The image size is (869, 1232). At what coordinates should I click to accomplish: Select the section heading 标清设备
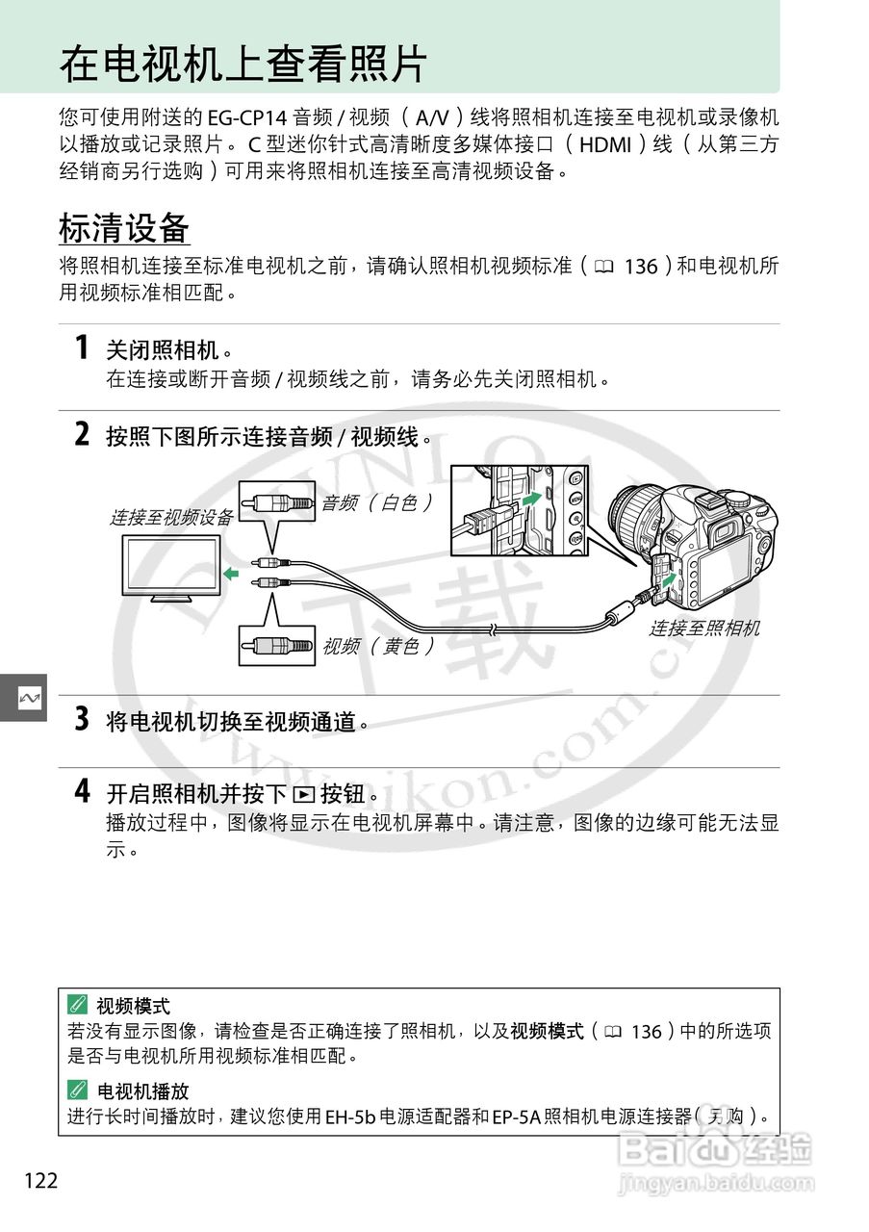coord(124,229)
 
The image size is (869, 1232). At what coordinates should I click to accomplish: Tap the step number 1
coord(83,347)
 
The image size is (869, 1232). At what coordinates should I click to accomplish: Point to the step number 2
coord(83,435)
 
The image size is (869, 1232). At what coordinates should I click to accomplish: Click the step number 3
coord(83,719)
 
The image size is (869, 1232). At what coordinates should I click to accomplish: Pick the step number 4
coord(83,792)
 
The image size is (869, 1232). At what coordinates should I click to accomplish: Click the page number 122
coord(41,1180)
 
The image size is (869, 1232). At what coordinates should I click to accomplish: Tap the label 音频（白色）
coord(376,501)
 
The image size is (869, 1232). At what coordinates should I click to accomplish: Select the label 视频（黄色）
coord(377,646)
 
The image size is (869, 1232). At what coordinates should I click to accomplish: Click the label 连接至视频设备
coord(170,518)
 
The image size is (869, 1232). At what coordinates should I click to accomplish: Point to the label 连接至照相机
coord(703,629)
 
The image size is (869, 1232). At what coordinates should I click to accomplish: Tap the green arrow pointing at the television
coord(230,574)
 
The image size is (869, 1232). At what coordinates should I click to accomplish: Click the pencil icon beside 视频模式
coord(78,1006)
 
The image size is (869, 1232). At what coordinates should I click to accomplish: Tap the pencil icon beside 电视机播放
coord(78,1091)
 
